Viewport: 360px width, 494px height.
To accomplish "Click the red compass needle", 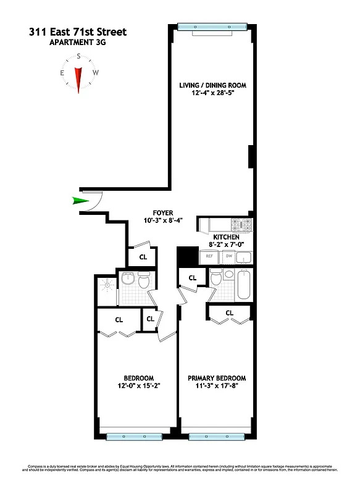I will [x=78, y=77].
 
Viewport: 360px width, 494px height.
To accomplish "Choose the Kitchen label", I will [x=226, y=237].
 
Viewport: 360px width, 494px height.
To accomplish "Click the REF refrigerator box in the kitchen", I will [x=209, y=256].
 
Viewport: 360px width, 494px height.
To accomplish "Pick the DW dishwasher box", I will [x=228, y=256].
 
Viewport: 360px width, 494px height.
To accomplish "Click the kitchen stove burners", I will [x=240, y=225].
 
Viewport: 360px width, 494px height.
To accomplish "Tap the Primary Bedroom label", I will [x=216, y=379].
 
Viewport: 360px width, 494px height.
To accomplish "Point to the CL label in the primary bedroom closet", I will [x=230, y=313].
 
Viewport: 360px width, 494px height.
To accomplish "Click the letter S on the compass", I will [x=78, y=56].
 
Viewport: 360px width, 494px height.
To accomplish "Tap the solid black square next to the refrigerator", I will [x=185, y=255].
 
